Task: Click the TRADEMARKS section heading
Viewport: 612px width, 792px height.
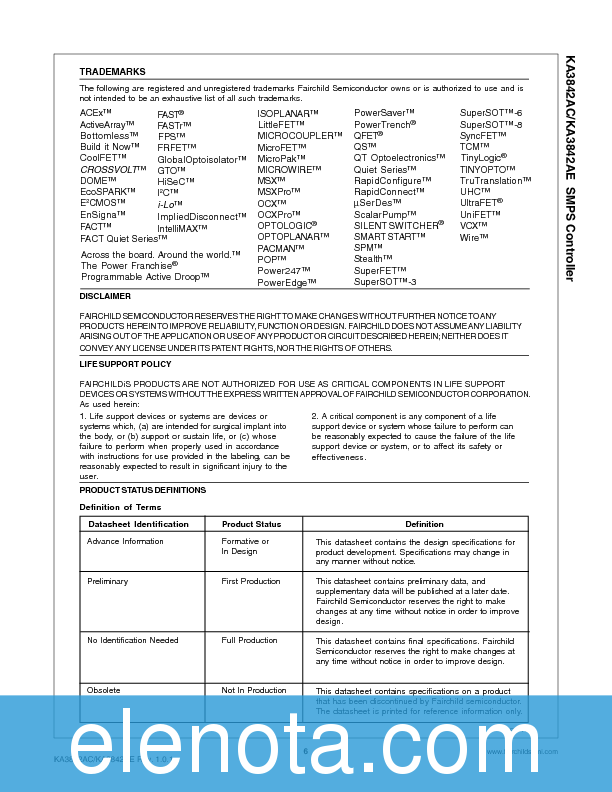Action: point(112,72)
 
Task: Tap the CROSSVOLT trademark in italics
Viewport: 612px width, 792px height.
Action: point(108,169)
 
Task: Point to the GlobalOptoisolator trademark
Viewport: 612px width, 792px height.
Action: point(203,159)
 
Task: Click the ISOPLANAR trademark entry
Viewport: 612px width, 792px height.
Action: point(289,114)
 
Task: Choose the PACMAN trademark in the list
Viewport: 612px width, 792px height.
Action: point(281,247)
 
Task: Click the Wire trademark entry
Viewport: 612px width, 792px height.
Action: point(474,237)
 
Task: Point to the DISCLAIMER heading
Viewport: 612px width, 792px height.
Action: point(105,296)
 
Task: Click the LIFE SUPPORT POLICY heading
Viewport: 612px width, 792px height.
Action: point(125,364)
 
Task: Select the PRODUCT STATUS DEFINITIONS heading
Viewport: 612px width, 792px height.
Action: point(142,490)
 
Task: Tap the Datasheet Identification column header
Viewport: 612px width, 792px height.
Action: point(138,524)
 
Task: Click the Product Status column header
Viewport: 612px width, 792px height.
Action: point(251,524)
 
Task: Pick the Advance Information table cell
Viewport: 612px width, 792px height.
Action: point(125,541)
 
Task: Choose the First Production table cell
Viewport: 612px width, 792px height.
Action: point(251,581)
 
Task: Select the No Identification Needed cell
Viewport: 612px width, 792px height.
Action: point(133,640)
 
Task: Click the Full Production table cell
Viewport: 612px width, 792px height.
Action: point(249,640)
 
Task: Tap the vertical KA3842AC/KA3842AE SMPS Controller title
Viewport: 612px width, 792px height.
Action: point(569,168)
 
